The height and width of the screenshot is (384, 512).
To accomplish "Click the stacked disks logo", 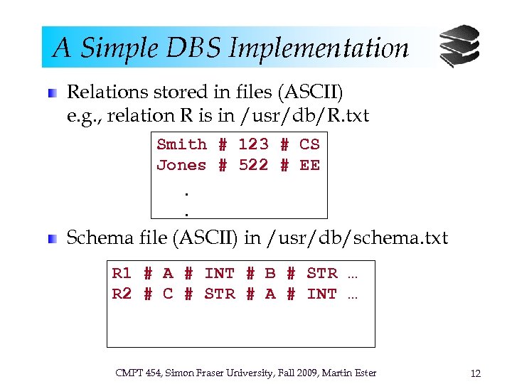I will pos(459,46).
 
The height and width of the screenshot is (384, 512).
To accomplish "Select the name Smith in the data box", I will pos(181,144).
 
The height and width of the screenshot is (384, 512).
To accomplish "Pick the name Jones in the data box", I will pos(181,166).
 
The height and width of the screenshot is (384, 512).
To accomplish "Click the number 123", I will pos(253,144).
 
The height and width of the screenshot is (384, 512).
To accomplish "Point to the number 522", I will pos(253,166).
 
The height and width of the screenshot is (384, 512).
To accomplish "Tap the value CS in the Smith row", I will pos(309,144).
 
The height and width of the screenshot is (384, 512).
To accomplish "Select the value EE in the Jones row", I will pos(309,166).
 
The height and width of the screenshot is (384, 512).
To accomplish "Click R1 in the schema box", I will pos(122,273).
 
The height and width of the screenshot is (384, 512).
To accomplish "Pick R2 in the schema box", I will pos(122,293).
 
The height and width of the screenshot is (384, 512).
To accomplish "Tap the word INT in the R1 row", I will pos(219,273).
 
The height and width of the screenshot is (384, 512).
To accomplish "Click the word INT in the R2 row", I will pos(322,293).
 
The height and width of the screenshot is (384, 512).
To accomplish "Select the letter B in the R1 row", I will pos(270,273).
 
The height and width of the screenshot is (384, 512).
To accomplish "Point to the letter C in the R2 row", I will pos(168,293).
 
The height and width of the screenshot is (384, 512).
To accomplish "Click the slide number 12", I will pos(476,373).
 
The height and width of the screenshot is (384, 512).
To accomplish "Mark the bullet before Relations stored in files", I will pos(52,93).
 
